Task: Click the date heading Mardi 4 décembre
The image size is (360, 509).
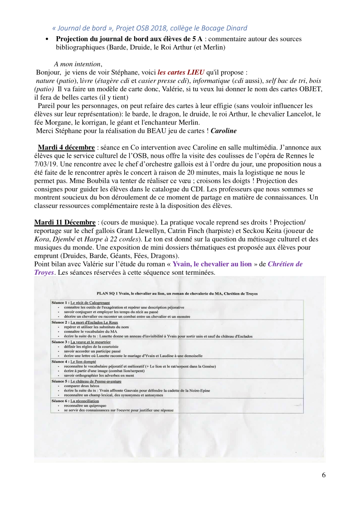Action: tap(66, 148)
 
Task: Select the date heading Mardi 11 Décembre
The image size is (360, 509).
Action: tap(65, 222)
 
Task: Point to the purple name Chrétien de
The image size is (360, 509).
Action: tap(282, 264)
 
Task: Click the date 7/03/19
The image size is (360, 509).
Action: tap(47, 164)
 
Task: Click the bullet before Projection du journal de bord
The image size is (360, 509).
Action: tap(48, 39)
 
